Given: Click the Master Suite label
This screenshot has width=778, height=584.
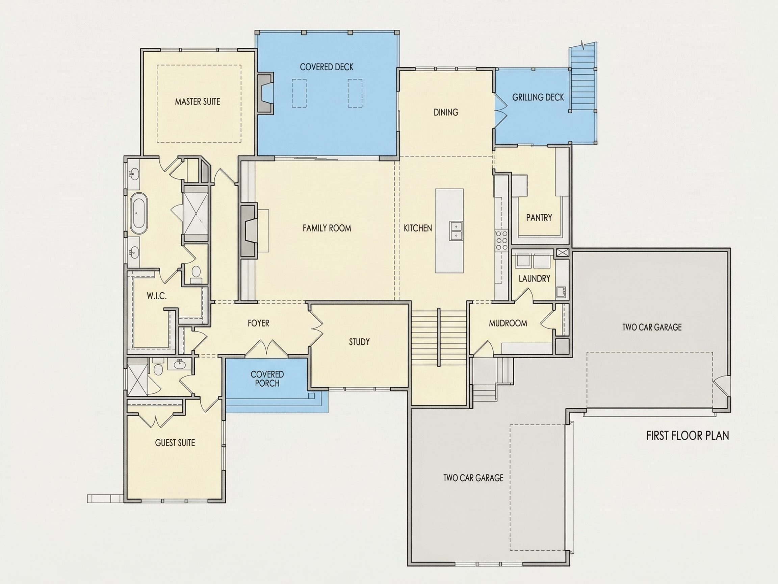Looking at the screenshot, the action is coord(198,102).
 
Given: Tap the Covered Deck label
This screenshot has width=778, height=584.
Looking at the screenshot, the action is coord(327,67).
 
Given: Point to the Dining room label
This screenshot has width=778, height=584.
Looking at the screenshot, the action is coord(446,112).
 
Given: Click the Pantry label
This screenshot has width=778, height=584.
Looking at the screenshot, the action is coord(539,218).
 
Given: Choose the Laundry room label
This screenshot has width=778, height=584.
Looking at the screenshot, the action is coord(534,278).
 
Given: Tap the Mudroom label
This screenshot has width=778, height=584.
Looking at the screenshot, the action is coord(508,323).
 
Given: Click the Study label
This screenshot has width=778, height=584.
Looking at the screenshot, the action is coord(359,342).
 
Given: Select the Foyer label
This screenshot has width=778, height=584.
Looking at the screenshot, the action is coord(258,323).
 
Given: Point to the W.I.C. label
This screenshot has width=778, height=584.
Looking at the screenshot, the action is coord(157,296).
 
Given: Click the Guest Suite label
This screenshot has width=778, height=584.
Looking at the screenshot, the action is coord(175,443).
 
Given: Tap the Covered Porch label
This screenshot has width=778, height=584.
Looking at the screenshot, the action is coord(267,379).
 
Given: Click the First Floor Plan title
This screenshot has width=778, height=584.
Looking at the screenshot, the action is coord(687,436).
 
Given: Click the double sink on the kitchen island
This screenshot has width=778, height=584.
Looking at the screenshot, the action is coord(456,231).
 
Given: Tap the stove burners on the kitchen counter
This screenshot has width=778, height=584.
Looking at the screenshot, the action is coord(501,240).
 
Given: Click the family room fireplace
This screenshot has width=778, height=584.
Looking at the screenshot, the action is coord(249,230).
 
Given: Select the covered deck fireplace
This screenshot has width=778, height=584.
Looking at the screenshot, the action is coord(265,93).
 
